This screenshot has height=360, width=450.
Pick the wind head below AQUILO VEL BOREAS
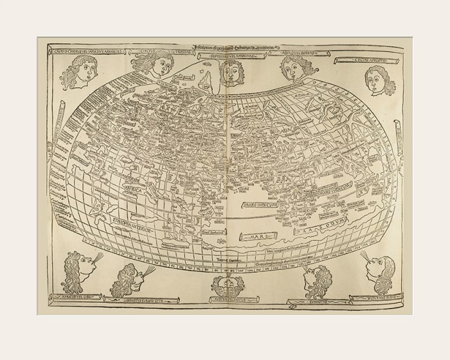click(x=292, y=68)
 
